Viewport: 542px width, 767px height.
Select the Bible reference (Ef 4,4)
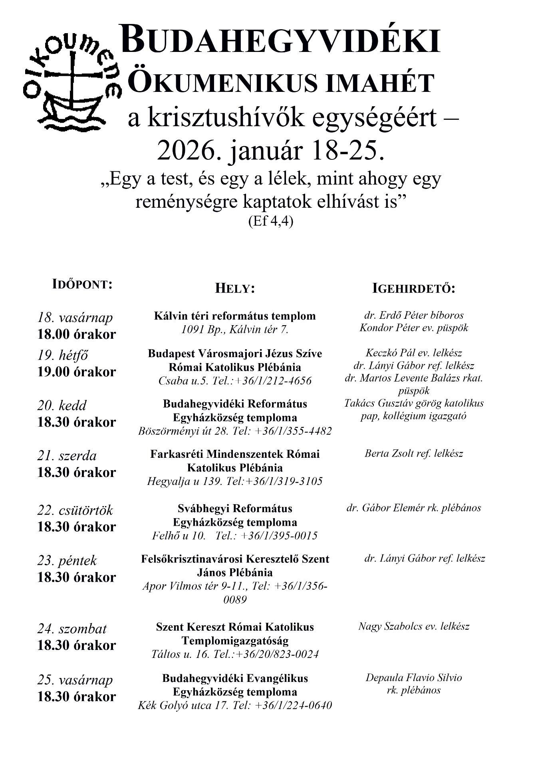point(270,221)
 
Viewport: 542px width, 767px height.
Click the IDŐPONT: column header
point(83,284)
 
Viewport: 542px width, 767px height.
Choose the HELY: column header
point(235,288)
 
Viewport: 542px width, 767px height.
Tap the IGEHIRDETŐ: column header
point(414,288)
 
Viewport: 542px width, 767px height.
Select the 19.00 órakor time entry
point(77,372)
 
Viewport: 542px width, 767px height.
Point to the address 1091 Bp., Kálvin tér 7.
point(235,330)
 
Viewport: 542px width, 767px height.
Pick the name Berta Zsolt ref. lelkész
point(414,453)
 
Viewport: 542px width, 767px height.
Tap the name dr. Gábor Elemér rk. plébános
point(414,508)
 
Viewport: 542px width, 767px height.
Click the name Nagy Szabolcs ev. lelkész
point(414,626)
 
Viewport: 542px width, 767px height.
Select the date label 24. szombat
point(72,629)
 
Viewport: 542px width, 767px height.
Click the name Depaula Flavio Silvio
point(414,678)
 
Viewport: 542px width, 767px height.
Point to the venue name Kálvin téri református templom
point(235,316)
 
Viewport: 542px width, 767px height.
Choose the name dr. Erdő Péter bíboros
point(414,315)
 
